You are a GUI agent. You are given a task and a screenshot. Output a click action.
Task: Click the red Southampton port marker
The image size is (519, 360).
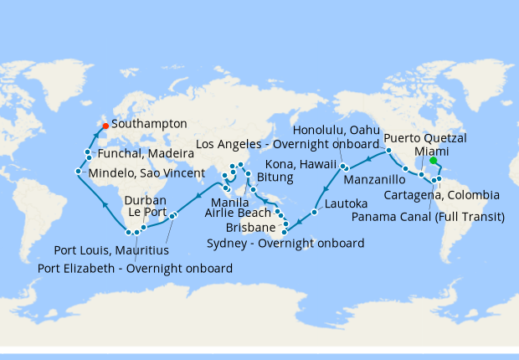(105, 126)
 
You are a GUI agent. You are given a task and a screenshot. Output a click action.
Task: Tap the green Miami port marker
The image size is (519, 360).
(434, 161)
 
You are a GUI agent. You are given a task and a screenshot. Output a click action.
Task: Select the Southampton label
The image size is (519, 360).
(149, 124)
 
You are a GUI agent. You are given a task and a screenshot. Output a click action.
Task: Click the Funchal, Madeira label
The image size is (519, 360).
(142, 155)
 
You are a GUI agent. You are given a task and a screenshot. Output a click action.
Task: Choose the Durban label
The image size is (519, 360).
(146, 201)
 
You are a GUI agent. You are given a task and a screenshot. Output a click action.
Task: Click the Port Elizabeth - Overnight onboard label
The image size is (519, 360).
(136, 268)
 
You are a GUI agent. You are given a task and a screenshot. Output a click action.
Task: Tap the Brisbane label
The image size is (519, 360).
(252, 228)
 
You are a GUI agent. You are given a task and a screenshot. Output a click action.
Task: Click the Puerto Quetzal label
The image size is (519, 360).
(425, 137)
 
